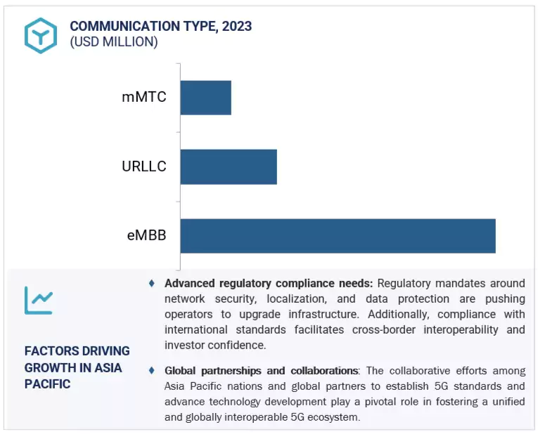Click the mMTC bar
pos(205,98)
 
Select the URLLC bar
pos(229,166)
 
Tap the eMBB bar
pos(338,236)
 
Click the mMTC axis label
pos(144,97)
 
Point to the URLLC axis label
pos(144,166)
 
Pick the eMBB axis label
pos(146,235)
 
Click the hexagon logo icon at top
pos(40,34)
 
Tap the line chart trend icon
pos(39,301)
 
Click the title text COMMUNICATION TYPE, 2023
pos(160,27)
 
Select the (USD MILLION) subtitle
pos(113,42)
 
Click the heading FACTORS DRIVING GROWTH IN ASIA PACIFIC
pos(77,367)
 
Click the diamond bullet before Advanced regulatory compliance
pos(152,283)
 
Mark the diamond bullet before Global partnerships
pos(152,370)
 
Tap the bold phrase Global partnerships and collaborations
pos(261,370)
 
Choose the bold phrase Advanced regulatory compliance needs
pos(269,283)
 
